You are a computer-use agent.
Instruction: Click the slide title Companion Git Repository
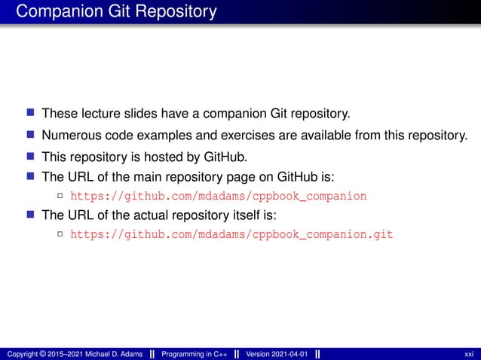[116, 12]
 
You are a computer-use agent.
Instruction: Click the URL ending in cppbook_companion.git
[231, 234]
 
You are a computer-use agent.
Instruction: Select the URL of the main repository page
[218, 197]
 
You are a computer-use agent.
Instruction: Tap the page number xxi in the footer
[469, 354]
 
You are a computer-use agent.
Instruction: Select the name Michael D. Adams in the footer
[115, 354]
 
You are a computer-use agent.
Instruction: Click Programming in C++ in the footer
[194, 354]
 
